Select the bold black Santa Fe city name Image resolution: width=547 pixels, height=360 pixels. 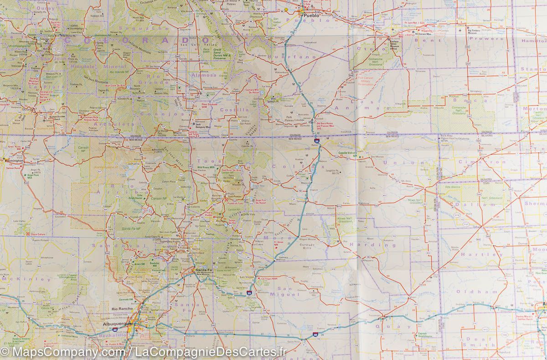tap(204, 271)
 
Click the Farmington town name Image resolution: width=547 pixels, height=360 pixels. tap(14, 160)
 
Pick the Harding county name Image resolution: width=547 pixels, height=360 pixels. tap(370, 244)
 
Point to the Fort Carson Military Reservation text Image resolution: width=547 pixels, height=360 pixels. tap(366, 81)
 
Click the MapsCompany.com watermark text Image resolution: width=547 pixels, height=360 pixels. tap(64, 352)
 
